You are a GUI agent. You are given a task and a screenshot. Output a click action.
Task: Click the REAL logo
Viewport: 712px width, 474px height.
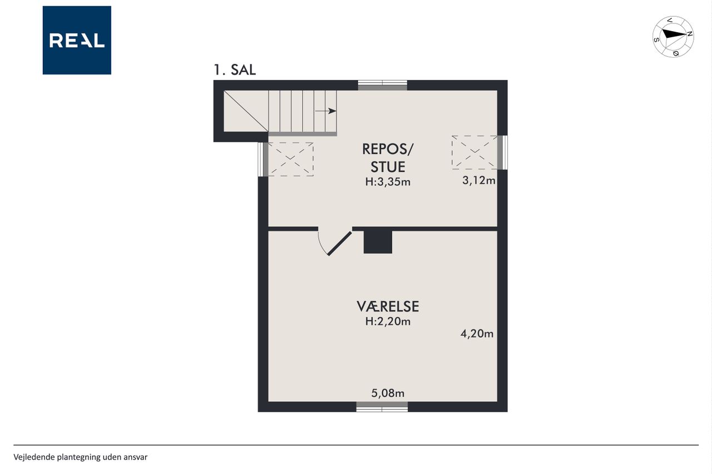[77, 41]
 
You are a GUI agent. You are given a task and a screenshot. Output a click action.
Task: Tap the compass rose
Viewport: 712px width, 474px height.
[673, 37]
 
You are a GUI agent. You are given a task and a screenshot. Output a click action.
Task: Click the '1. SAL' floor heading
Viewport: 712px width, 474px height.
[235, 70]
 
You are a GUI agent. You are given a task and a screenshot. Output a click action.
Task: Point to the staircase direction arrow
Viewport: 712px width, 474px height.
[325, 111]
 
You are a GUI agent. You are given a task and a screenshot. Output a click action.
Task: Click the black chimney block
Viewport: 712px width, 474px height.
[378, 242]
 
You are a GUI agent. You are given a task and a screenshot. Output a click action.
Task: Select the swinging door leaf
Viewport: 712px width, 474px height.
[339, 243]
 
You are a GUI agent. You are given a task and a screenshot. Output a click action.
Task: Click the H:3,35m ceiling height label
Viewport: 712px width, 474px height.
[388, 182]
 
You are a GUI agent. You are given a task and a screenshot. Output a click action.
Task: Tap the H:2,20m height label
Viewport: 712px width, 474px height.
[388, 322]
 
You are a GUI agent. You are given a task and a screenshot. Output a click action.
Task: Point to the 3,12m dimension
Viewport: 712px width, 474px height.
[479, 181]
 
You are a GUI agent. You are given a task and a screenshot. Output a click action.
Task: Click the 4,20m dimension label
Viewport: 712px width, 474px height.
[477, 333]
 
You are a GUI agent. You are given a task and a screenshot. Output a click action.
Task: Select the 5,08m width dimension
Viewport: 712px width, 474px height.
[388, 393]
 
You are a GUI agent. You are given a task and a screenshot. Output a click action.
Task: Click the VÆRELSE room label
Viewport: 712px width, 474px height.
[388, 307]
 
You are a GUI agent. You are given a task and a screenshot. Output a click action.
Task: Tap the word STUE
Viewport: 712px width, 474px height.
[388, 167]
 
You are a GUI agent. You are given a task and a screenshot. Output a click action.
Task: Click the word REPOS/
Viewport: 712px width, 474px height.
[388, 149]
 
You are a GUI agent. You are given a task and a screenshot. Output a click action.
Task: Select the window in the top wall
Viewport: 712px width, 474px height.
[383, 86]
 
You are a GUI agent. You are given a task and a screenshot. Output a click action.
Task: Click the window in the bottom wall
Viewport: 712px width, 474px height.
[382, 407]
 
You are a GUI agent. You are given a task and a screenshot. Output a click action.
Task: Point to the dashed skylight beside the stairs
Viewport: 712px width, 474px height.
[291, 159]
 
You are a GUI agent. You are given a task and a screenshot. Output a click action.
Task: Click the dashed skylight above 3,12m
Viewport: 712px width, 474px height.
[474, 152]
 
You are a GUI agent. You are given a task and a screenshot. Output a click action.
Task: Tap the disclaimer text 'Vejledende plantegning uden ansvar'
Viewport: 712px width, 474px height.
[81, 457]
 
